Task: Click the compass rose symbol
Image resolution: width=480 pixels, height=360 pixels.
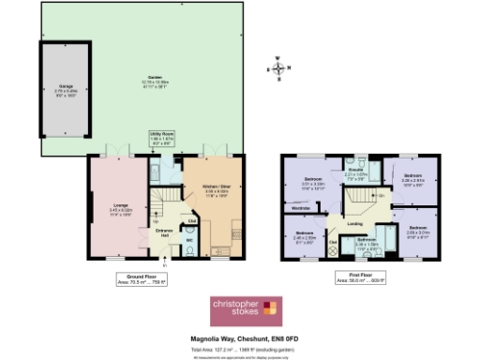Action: tap(279, 67)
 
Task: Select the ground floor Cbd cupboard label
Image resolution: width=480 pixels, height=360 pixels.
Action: tap(191, 221)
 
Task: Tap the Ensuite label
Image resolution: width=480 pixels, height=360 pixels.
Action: tap(355, 173)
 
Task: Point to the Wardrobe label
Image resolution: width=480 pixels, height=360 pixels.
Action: tap(302, 208)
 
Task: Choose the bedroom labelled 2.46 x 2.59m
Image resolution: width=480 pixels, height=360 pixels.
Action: tap(305, 235)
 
